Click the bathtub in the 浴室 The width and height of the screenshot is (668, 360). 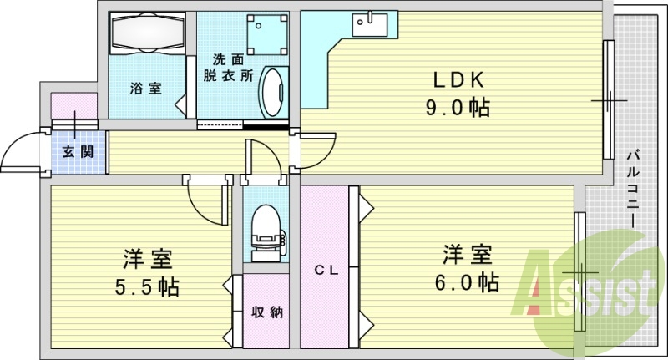[x=148, y=33]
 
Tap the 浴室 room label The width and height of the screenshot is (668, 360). [x=145, y=89]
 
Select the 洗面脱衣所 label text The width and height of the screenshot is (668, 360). [x=228, y=68]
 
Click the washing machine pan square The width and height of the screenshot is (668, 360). [x=267, y=34]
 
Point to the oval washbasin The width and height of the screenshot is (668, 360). [x=273, y=92]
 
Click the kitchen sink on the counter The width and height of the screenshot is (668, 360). [x=370, y=25]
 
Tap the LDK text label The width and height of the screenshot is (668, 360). [x=458, y=79]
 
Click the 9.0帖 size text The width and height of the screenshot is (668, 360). [x=458, y=108]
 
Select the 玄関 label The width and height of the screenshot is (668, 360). [x=78, y=151]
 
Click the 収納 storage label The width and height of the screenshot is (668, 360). [x=267, y=312]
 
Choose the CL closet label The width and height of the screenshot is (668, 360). [x=326, y=270]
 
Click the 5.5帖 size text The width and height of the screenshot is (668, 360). [x=148, y=287]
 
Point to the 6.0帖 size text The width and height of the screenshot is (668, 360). [x=467, y=281]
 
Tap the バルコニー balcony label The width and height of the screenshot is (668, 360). [x=634, y=188]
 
